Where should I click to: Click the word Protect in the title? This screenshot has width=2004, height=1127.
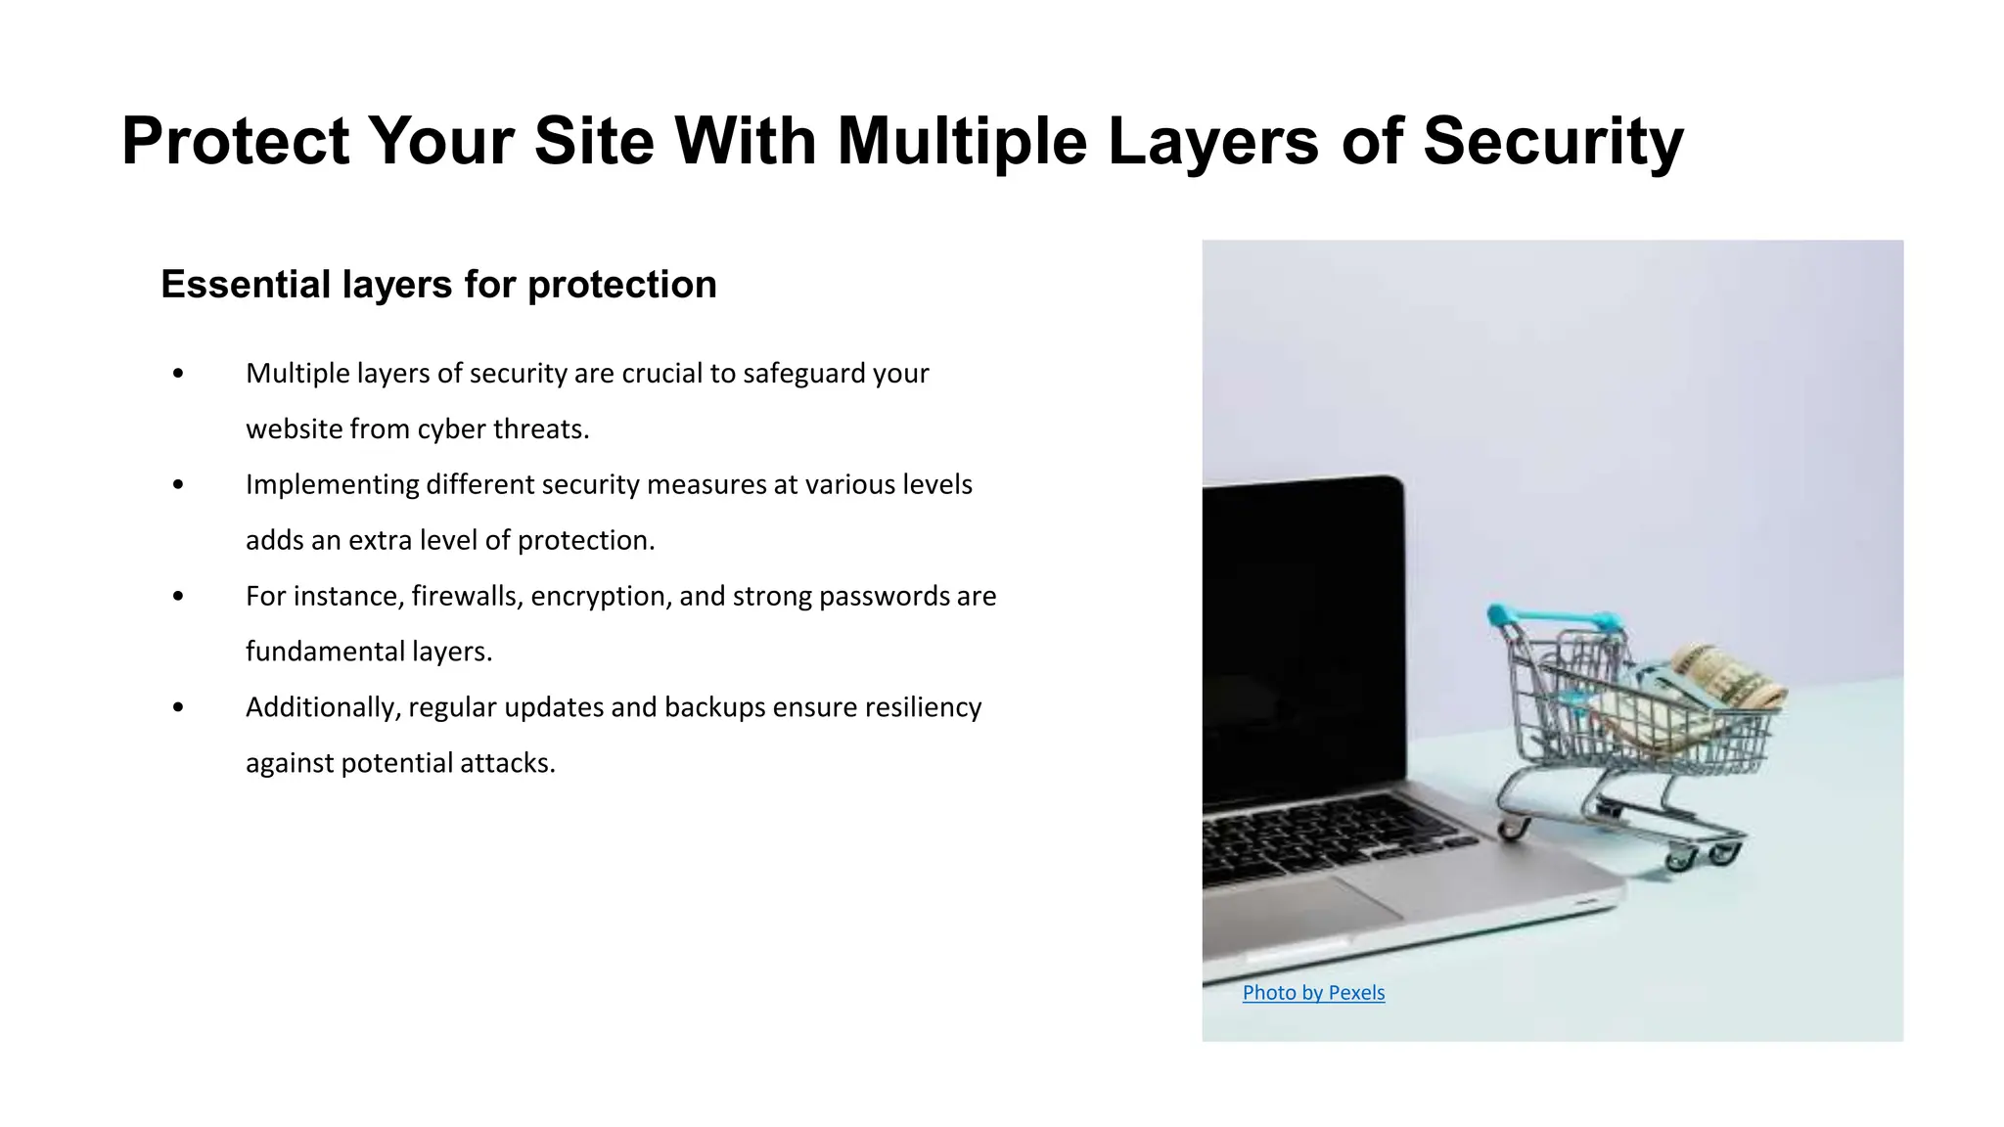click(235, 142)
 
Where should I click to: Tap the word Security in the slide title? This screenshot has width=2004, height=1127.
click(1553, 142)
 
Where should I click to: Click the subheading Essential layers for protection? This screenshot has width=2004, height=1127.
click(438, 285)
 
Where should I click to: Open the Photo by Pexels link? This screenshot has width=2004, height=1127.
click(1313, 992)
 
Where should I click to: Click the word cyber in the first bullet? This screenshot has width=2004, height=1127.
click(451, 429)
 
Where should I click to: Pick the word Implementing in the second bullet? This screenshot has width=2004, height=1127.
click(332, 484)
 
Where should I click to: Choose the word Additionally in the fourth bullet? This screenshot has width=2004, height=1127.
click(323, 707)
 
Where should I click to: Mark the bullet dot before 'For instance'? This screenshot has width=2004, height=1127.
click(177, 596)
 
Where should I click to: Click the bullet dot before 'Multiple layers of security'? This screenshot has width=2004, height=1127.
click(177, 374)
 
